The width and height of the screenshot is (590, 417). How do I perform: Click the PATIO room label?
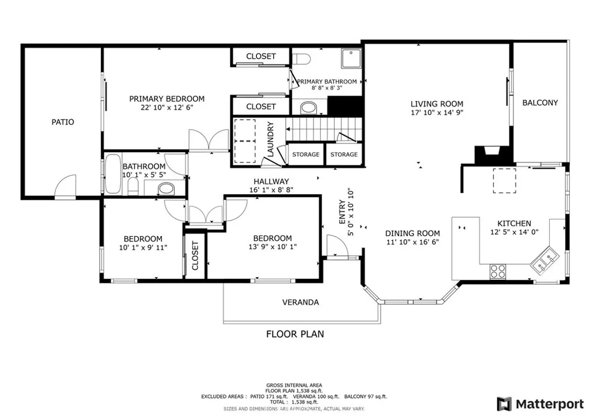point(63,122)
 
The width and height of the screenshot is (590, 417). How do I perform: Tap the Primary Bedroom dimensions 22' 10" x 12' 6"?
point(167,107)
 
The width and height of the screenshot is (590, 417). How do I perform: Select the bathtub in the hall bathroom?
point(113,173)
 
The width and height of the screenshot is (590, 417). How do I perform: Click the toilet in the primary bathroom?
point(301,59)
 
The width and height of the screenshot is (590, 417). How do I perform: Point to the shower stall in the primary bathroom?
point(351,58)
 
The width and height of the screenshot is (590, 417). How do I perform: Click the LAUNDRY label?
point(270,139)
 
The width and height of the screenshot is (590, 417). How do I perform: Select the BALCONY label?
point(540,103)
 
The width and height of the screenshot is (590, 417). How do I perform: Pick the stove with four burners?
point(498,271)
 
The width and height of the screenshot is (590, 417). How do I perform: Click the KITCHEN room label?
point(514,223)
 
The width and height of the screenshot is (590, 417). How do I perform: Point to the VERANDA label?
point(301,302)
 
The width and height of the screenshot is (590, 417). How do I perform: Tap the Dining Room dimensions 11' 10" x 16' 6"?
point(413,242)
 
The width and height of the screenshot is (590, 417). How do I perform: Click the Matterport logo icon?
point(504,404)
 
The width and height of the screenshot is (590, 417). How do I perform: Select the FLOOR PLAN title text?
point(295,334)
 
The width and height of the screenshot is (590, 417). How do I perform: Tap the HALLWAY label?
point(271,181)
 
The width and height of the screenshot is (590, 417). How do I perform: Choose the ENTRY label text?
point(342,212)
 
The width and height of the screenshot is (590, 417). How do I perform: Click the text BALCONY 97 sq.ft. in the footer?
point(365,396)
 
